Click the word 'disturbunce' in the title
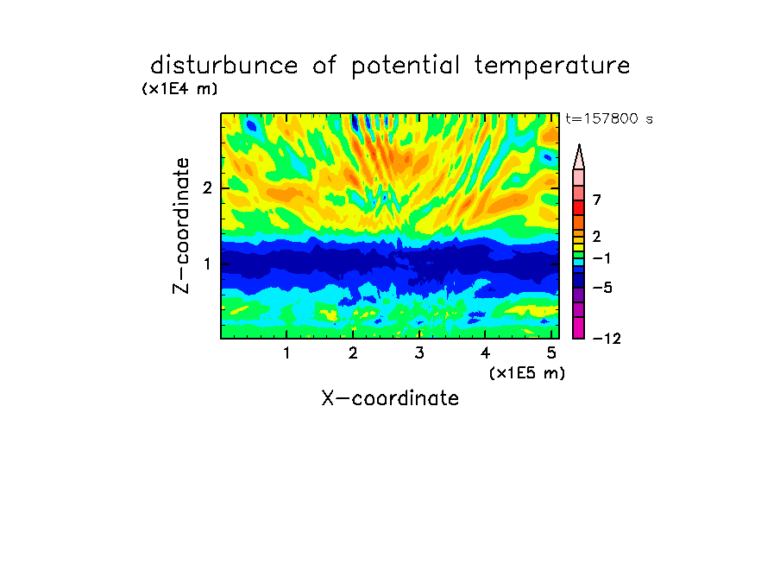click(x=223, y=66)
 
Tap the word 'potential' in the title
click(x=406, y=67)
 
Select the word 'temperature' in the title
click(x=552, y=67)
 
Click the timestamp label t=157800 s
click(x=609, y=118)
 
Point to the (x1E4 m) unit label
click(x=179, y=89)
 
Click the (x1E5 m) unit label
click(x=527, y=372)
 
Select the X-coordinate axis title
click(x=390, y=398)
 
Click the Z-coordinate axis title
click(x=181, y=225)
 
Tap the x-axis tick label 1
click(x=286, y=353)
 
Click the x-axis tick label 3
click(x=419, y=353)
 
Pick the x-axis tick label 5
click(x=551, y=353)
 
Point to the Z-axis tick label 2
click(x=207, y=187)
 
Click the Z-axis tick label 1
click(x=207, y=263)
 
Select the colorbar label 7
click(x=597, y=200)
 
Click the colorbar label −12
click(x=607, y=339)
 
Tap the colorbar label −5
click(x=602, y=288)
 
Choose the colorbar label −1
click(x=601, y=258)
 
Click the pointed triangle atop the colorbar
click(x=579, y=157)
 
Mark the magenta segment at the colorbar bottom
click(x=579, y=327)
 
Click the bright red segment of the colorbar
click(x=579, y=207)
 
